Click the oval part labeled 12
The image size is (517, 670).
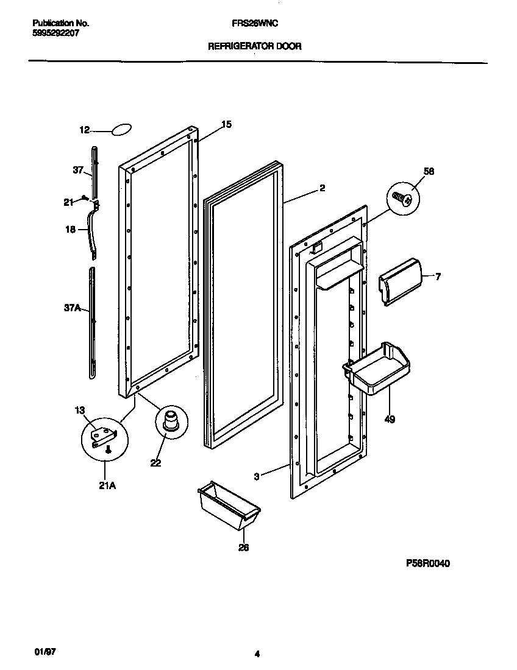click(x=121, y=129)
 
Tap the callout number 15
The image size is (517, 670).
click(x=226, y=124)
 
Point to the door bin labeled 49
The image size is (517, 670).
click(x=378, y=369)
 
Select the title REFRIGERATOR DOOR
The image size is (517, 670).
click(x=254, y=46)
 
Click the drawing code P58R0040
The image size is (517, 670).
click(x=428, y=563)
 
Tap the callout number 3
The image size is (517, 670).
click(x=257, y=477)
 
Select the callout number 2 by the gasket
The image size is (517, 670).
click(x=321, y=188)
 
